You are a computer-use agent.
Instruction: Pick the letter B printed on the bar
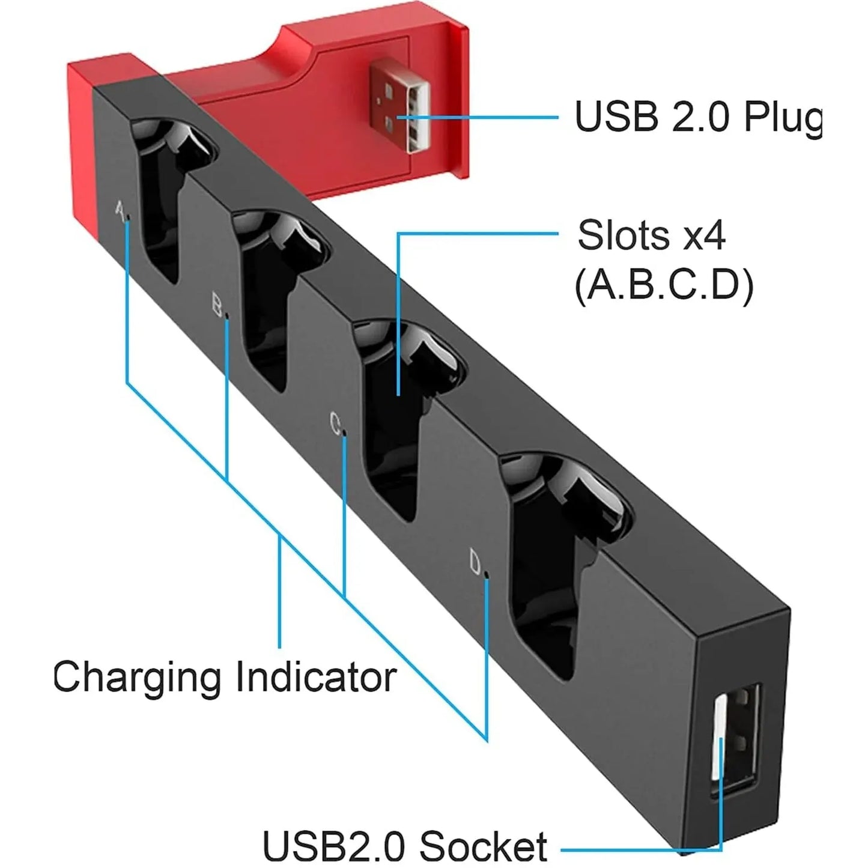(x=217, y=305)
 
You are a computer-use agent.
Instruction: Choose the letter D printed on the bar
(x=475, y=562)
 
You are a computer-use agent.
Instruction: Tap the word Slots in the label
(x=624, y=235)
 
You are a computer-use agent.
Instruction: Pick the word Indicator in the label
(x=316, y=676)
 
